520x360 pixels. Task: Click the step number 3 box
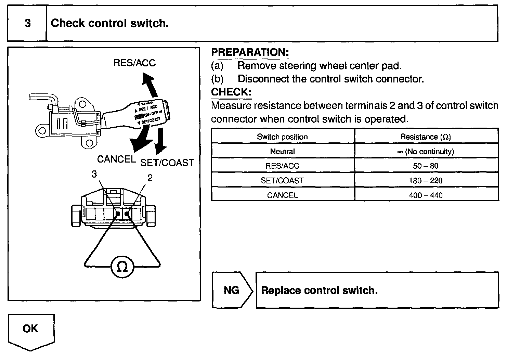(x=27, y=23)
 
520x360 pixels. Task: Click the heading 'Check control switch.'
(x=110, y=23)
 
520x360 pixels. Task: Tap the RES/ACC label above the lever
(x=134, y=63)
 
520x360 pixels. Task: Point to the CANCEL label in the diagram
(x=116, y=159)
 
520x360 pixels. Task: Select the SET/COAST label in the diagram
(x=167, y=163)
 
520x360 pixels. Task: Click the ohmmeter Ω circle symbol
(x=122, y=267)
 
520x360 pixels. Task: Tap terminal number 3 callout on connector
(x=94, y=174)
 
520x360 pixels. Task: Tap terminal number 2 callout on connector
(x=150, y=178)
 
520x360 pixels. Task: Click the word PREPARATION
(x=250, y=52)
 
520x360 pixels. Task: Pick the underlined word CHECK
(x=231, y=92)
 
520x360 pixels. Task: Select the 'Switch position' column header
(x=282, y=137)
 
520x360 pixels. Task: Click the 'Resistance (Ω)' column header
(x=426, y=137)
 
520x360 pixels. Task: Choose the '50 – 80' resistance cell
(x=426, y=166)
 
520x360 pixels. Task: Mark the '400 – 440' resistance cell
(x=426, y=195)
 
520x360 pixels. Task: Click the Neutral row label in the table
(x=282, y=152)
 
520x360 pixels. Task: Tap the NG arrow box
(x=232, y=290)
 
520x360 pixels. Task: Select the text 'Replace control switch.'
(x=319, y=291)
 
